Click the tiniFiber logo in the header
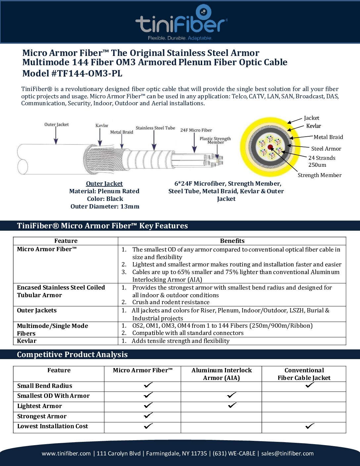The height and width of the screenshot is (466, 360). pyautogui.click(x=181, y=23)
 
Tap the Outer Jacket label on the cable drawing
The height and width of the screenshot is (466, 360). pyautogui.click(x=57, y=124)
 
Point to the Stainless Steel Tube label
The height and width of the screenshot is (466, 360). pyautogui.click(x=155, y=128)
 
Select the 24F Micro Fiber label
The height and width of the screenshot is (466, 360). pyautogui.click(x=196, y=130)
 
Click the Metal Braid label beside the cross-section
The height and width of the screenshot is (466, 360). pyautogui.click(x=328, y=137)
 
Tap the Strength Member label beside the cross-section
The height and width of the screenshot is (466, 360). pyautogui.click(x=319, y=175)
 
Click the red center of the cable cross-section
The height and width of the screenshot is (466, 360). pyautogui.click(x=270, y=147)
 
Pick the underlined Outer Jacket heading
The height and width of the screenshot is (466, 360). pyautogui.click(x=104, y=184)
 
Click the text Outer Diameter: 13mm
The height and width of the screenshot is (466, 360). pyautogui.click(x=105, y=207)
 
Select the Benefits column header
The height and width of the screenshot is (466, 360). pyautogui.click(x=232, y=241)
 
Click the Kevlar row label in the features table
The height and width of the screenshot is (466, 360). pyautogui.click(x=27, y=341)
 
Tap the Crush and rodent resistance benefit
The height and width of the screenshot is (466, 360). pyautogui.click(x=171, y=302)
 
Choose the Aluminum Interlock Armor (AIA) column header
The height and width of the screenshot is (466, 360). pyautogui.click(x=221, y=374)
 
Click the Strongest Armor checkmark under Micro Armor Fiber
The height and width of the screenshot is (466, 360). pyautogui.click(x=148, y=415)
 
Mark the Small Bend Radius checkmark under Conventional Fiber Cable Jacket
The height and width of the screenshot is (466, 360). pyautogui.click(x=310, y=385)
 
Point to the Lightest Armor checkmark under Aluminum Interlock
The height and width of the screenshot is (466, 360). pyautogui.click(x=232, y=405)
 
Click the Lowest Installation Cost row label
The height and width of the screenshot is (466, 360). pyautogui.click(x=53, y=426)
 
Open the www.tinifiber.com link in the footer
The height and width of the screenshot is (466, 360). pyautogui.click(x=66, y=453)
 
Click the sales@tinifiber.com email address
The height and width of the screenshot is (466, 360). pyautogui.click(x=287, y=453)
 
